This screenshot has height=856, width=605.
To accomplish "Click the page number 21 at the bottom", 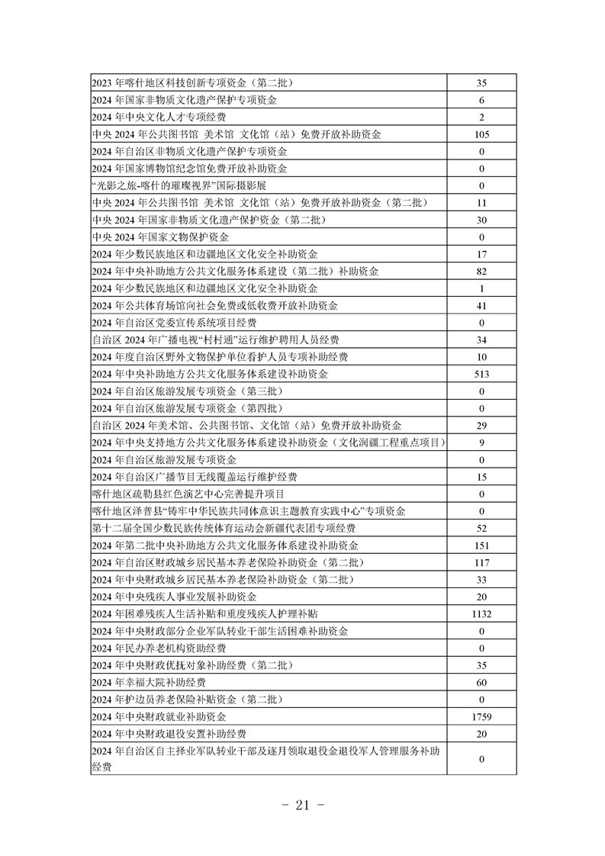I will click(x=304, y=806).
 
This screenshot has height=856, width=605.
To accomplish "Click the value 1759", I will click(x=481, y=717).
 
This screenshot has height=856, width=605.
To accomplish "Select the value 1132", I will click(x=481, y=614).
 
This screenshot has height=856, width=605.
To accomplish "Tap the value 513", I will click(x=481, y=374).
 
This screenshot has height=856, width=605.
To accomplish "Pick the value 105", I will click(x=481, y=134).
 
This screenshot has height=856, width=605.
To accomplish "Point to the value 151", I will click(x=481, y=545).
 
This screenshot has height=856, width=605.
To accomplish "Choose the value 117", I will click(x=481, y=562).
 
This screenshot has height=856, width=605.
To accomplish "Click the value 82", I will click(x=481, y=271).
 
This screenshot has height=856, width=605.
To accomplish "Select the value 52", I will click(x=481, y=528).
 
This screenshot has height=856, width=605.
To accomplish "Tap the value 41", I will click(x=481, y=305).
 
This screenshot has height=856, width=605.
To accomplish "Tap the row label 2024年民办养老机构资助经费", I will click(x=159, y=648).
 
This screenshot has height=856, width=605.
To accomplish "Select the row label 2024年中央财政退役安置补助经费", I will click(x=169, y=734).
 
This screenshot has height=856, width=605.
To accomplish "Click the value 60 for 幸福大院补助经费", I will click(x=481, y=683).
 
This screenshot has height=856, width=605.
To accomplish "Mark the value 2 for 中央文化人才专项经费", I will click(x=481, y=117).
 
